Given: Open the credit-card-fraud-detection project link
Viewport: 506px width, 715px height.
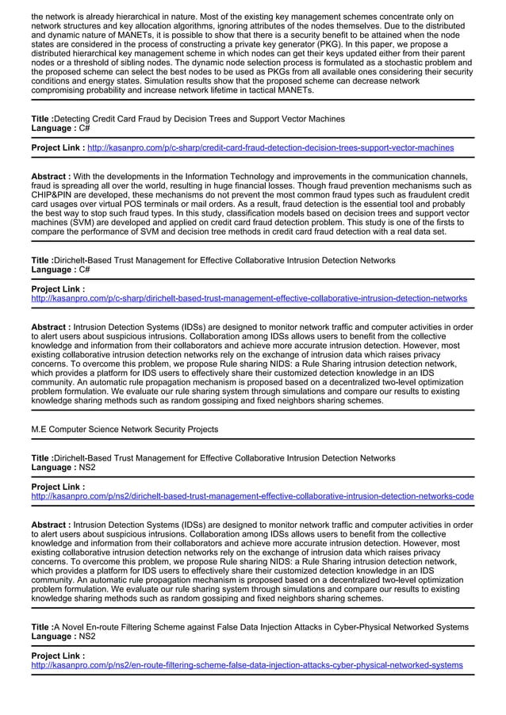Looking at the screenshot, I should (270, 147).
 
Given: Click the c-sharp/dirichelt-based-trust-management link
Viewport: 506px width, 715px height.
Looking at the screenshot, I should (248, 298).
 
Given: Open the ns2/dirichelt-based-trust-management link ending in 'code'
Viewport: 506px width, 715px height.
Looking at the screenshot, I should (252, 496).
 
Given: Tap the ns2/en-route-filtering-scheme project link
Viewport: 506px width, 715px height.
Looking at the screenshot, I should (247, 665).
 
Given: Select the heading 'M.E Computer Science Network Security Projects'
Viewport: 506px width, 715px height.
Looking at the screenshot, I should (125, 429).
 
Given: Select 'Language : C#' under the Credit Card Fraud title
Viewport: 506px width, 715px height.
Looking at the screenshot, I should (60, 128).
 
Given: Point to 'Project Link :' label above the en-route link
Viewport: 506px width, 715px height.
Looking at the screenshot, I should (58, 656).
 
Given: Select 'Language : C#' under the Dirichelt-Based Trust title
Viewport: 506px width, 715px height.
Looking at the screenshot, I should (60, 270).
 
